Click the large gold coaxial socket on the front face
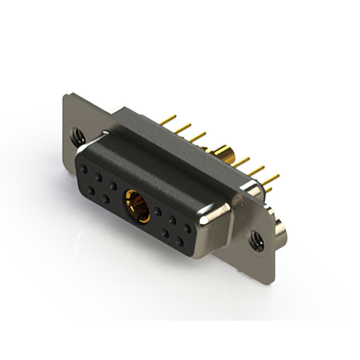pyautogui.click(x=137, y=206)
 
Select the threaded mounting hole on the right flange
pyautogui.click(x=256, y=240)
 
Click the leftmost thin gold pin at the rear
pyautogui.click(x=168, y=120)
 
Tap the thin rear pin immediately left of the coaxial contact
pyautogui.click(x=196, y=137)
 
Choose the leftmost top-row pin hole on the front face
pyautogui.click(x=84, y=169)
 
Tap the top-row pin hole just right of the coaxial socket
pyautogui.click(x=158, y=211)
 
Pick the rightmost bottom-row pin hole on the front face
pyautogui.click(x=180, y=242)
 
